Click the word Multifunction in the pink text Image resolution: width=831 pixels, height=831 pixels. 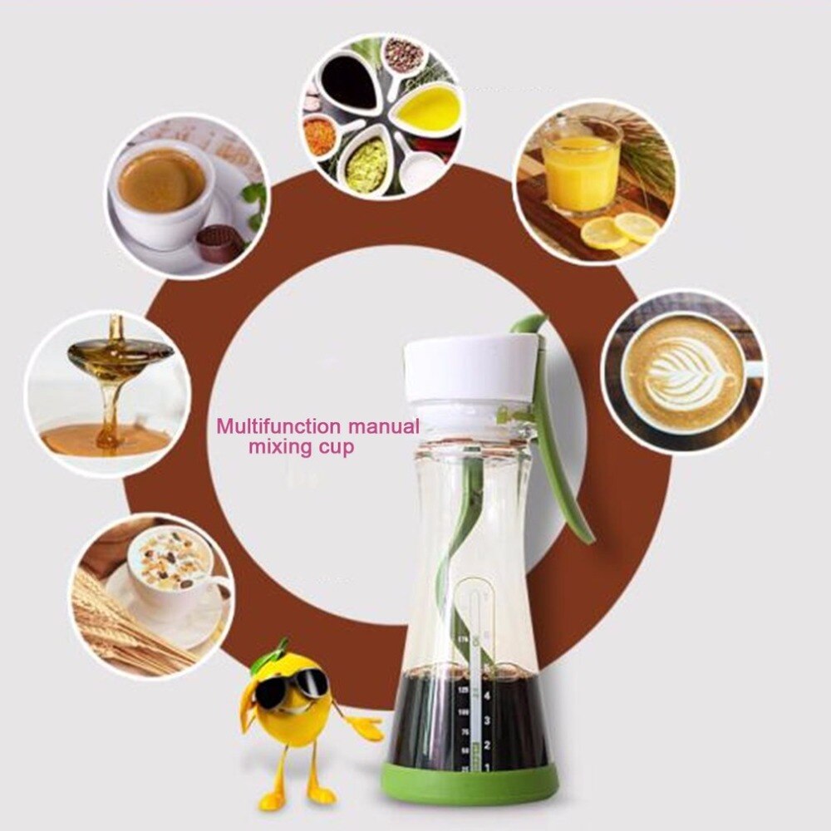(278, 427)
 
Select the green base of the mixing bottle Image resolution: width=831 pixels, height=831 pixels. (470, 780)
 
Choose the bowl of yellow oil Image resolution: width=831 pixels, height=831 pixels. (428, 107)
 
